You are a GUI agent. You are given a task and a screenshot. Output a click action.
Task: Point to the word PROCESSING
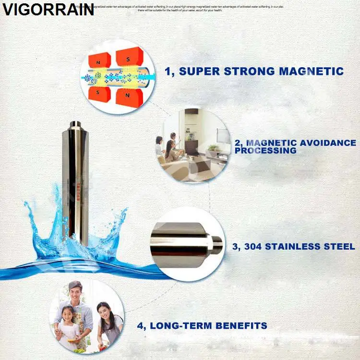[x=265, y=151]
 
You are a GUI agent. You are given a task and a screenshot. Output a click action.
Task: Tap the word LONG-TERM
[x=184, y=325]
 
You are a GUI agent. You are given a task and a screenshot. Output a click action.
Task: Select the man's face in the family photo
[x=75, y=292]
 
